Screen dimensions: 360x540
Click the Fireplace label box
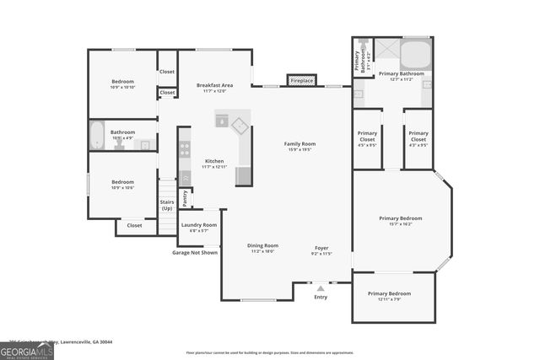[x=301, y=81]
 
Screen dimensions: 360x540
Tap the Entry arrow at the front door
[x=320, y=288]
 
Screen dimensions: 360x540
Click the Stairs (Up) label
[x=166, y=205]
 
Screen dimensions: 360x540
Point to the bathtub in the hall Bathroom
[x=97, y=136]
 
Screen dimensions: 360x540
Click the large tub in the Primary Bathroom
[x=415, y=56]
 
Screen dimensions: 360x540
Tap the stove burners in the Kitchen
[x=184, y=150]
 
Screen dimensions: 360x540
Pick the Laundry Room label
[x=198, y=225]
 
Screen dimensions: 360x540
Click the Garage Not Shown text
[x=194, y=252]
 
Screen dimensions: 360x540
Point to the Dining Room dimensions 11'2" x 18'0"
[x=262, y=251]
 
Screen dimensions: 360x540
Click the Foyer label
[x=321, y=246]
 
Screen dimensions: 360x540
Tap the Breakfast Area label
[x=214, y=85]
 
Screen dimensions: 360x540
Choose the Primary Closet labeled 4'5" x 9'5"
[x=367, y=137]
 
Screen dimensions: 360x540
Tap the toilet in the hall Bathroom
[x=120, y=142]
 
